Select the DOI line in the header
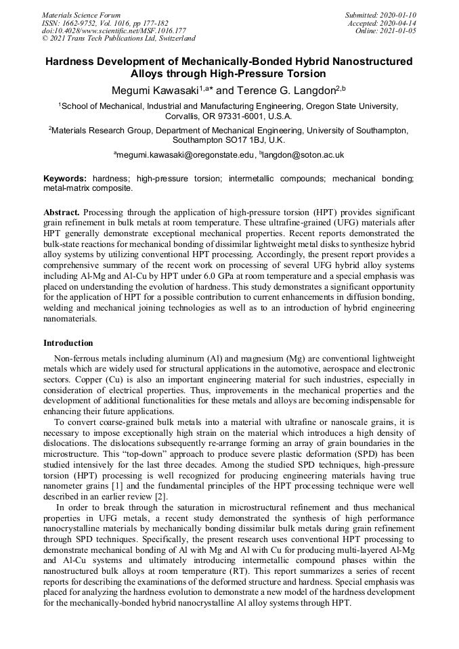[x=114, y=30]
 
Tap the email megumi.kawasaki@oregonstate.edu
[x=185, y=155]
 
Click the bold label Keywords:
[x=65, y=179]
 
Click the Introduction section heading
[x=68, y=343]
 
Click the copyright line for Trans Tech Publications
[x=118, y=39]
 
